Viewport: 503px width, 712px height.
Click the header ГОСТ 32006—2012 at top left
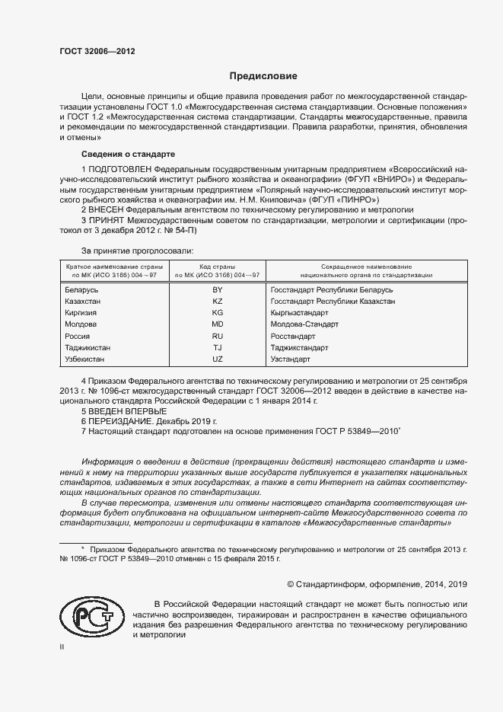(97, 52)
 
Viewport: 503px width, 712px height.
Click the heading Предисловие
(263, 77)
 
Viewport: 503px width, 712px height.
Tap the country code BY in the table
(217, 290)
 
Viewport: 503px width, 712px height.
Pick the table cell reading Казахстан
(84, 302)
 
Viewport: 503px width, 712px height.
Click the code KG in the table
(217, 313)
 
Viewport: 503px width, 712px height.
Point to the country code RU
(217, 336)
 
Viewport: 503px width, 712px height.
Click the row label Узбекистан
(85, 359)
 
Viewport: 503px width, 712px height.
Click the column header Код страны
(218, 267)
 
